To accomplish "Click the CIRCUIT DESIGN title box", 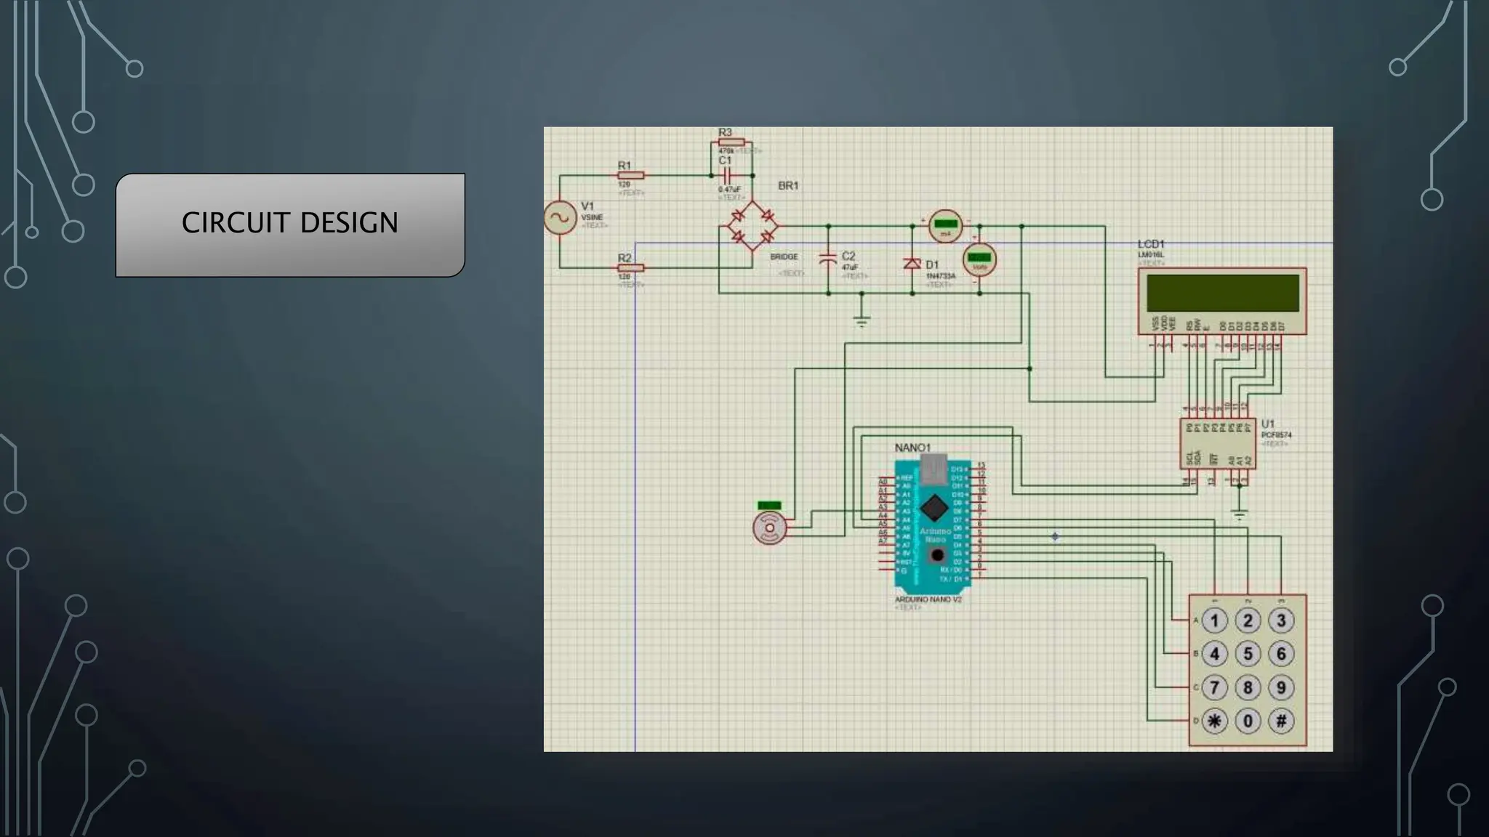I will pyautogui.click(x=290, y=225).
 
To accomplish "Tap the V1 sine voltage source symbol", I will pyautogui.click(x=561, y=218).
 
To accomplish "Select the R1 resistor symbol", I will pyautogui.click(x=630, y=175).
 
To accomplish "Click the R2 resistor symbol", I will pyautogui.click(x=630, y=267).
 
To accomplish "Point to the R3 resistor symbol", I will pyautogui.click(x=731, y=142).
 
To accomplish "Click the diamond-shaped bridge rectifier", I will pyautogui.click(x=752, y=226).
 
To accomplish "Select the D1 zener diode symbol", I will pyautogui.click(x=912, y=264).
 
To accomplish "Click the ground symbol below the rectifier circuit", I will pyautogui.click(x=862, y=320).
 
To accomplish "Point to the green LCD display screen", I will pyautogui.click(x=1222, y=293).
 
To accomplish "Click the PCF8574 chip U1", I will pyautogui.click(x=1217, y=443).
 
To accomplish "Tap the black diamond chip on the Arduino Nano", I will pyautogui.click(x=934, y=508).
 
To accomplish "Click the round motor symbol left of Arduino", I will pyautogui.click(x=770, y=527).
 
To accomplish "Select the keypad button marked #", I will pyautogui.click(x=1281, y=721).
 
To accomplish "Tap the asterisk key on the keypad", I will pyautogui.click(x=1214, y=721).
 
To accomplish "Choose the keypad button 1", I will pyautogui.click(x=1214, y=620).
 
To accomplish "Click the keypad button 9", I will pyautogui.click(x=1281, y=687).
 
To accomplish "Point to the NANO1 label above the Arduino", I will pyautogui.click(x=912, y=448).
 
